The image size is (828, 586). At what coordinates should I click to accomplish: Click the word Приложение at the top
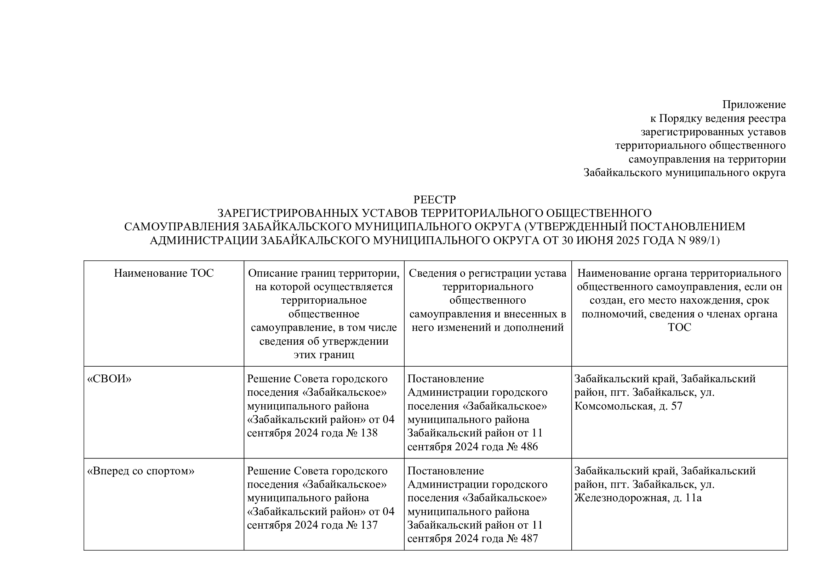click(754, 105)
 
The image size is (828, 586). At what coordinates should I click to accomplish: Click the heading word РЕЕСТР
click(434, 199)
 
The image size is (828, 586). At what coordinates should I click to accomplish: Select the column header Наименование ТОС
click(164, 273)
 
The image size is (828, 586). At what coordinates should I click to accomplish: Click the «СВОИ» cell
click(109, 379)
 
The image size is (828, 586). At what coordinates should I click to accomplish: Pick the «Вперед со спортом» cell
click(141, 471)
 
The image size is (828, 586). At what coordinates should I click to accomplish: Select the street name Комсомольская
click(615, 406)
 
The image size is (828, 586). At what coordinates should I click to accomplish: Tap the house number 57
click(676, 406)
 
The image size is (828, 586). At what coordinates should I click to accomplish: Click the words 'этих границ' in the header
click(324, 355)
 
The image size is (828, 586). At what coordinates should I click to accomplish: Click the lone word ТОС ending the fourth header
click(679, 327)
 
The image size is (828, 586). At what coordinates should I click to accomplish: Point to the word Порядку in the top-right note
click(679, 118)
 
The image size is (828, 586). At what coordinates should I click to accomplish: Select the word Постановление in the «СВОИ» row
click(445, 379)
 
